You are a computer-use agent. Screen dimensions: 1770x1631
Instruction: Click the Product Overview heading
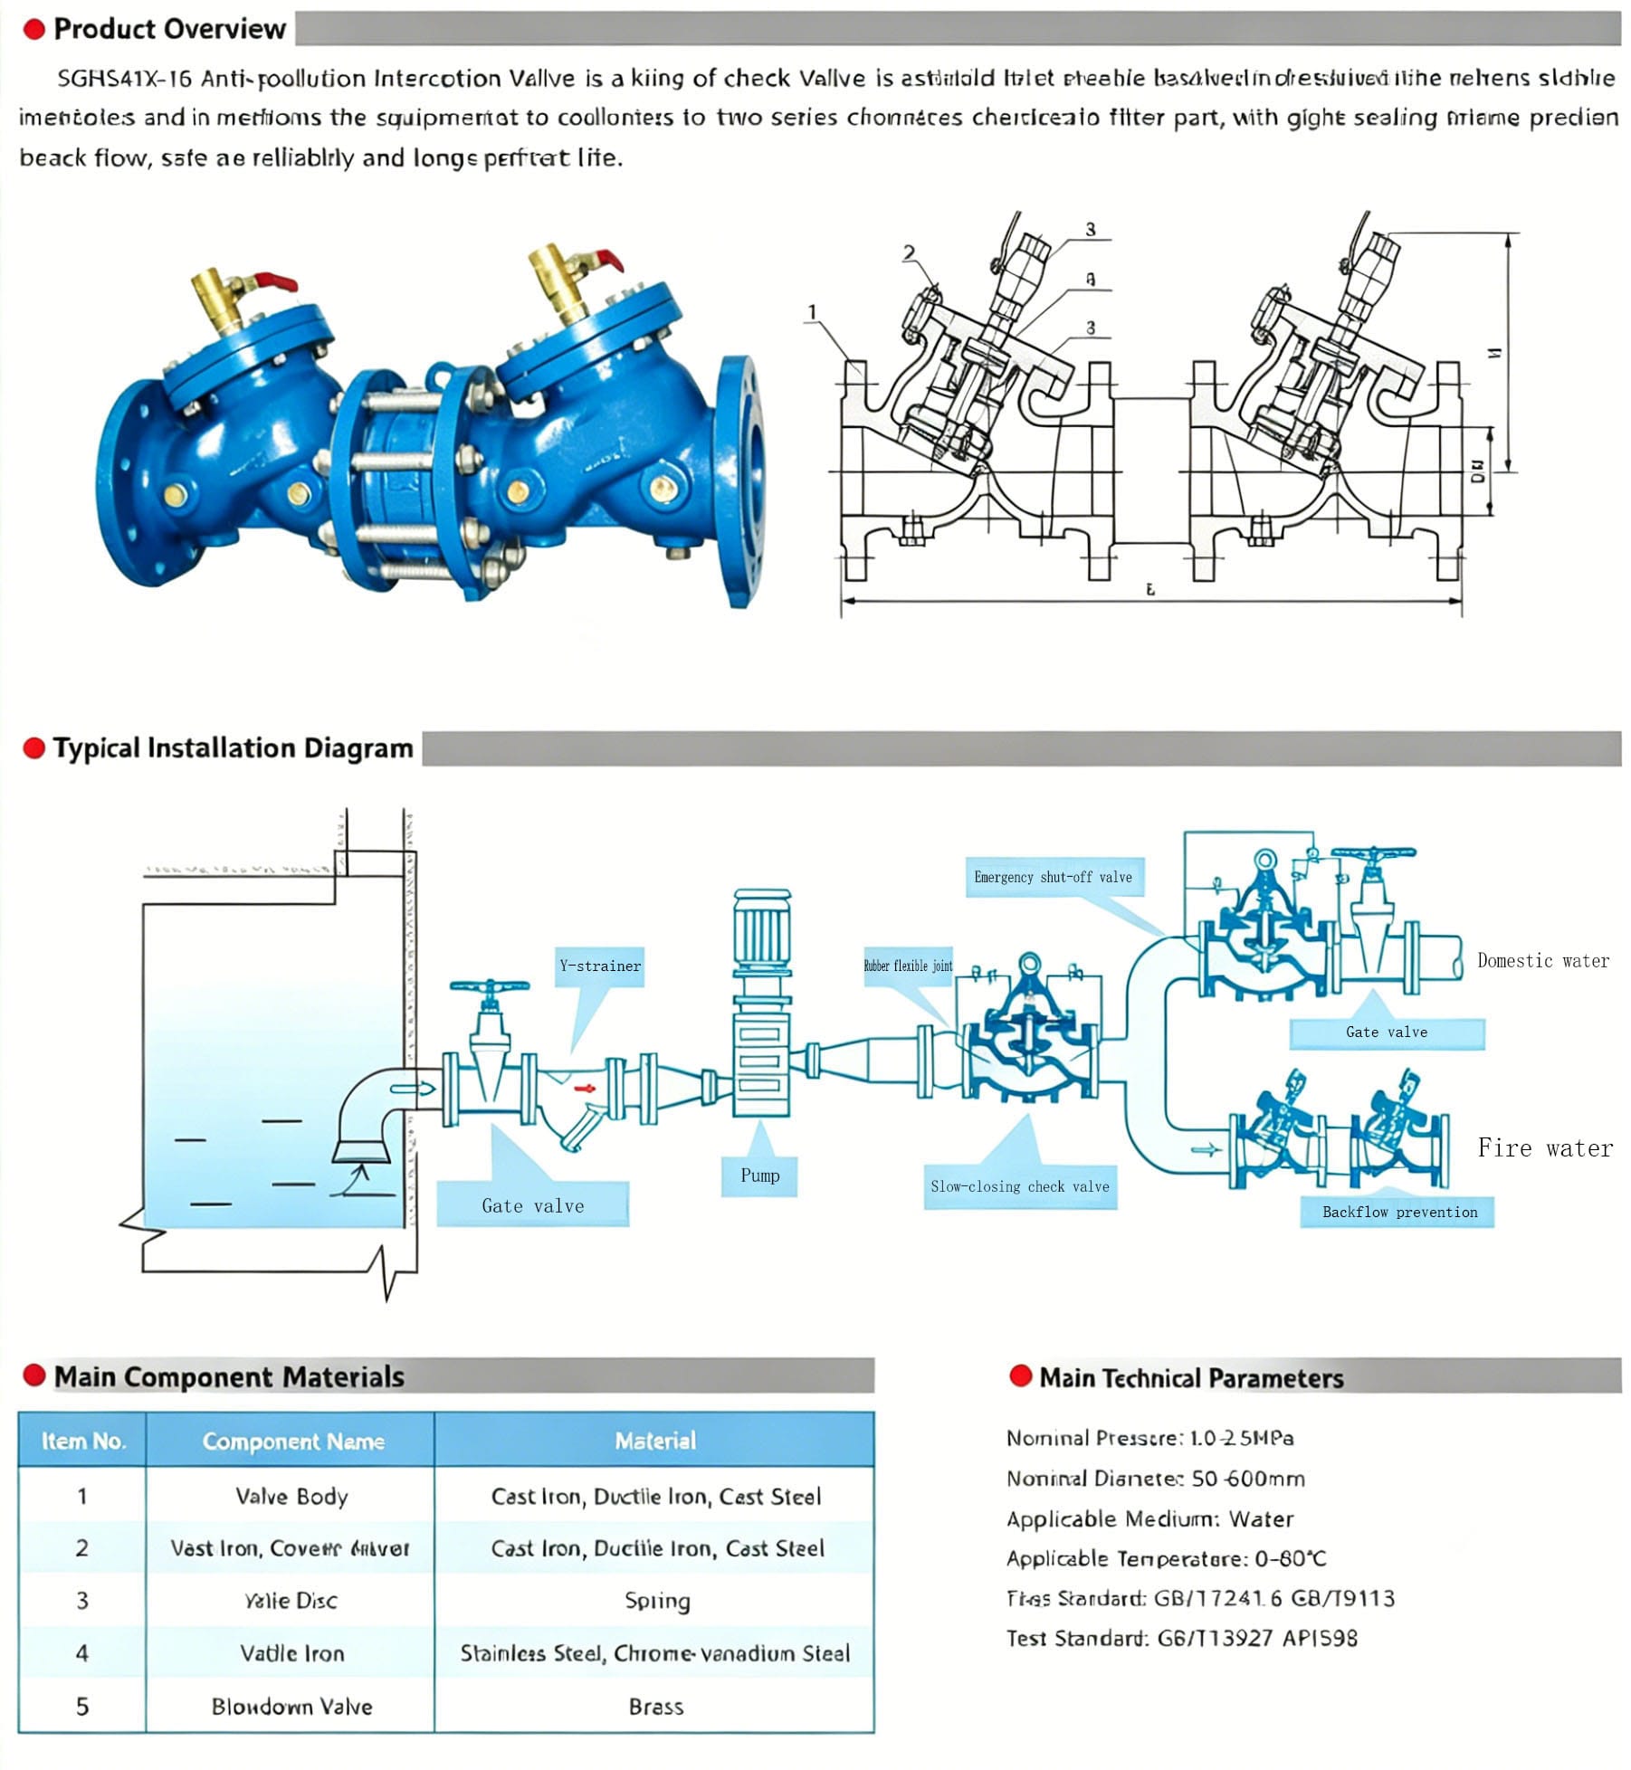click(x=169, y=29)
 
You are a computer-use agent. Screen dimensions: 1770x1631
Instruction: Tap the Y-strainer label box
click(x=599, y=966)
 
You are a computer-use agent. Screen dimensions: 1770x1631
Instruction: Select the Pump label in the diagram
click(x=759, y=1175)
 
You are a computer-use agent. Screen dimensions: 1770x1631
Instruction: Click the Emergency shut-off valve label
click(x=1053, y=877)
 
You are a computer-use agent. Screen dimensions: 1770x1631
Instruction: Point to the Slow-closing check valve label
click(x=1020, y=1186)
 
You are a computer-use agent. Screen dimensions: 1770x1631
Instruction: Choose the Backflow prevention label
click(x=1399, y=1212)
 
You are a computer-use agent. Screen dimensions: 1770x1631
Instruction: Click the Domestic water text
click(x=1543, y=961)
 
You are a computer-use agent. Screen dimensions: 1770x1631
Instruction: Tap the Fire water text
click(x=1545, y=1148)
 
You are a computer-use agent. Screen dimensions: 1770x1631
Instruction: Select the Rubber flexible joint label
click(x=908, y=966)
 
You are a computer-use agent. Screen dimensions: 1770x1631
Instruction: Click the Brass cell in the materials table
click(x=655, y=1706)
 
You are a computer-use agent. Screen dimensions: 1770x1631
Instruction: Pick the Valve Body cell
click(x=291, y=1496)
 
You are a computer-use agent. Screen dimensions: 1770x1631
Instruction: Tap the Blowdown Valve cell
click(x=291, y=1706)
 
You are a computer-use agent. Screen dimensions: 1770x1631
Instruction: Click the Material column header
click(x=655, y=1441)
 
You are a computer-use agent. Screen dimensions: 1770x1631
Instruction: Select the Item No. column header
click(x=82, y=1441)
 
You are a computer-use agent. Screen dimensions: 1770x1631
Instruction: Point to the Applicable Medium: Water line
click(x=1149, y=1518)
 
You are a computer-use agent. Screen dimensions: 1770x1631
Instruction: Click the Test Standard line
click(x=1181, y=1638)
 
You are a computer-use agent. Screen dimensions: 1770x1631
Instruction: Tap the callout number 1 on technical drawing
click(x=812, y=312)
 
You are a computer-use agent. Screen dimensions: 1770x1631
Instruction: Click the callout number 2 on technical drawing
click(x=909, y=253)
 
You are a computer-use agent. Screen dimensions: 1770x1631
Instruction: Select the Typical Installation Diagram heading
click(x=233, y=748)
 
